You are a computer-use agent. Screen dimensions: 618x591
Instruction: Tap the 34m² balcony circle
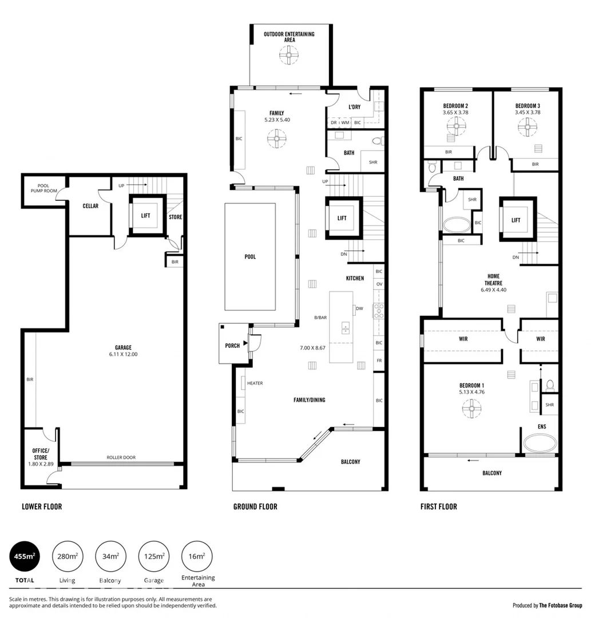point(110,556)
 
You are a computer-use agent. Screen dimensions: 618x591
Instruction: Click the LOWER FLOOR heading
point(42,506)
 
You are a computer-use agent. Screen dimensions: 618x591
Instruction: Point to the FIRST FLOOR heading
point(439,506)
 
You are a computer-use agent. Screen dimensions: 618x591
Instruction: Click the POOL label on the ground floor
point(250,257)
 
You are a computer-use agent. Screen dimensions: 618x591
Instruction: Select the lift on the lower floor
point(145,216)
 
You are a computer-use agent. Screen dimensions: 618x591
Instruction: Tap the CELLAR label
point(90,206)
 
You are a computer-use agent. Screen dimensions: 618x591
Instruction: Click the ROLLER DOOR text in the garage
point(121,457)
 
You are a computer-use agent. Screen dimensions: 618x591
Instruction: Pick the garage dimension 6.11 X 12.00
point(123,354)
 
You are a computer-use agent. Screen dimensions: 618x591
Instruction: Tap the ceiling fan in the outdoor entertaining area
point(289,56)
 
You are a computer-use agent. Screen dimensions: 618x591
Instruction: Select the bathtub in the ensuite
point(541,444)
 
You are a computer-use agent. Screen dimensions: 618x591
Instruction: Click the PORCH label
point(232,346)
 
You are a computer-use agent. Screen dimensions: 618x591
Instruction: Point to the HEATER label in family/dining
point(255,383)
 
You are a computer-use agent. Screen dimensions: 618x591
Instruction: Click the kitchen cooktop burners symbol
point(379,311)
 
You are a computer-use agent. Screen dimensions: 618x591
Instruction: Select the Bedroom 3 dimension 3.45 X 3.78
point(527,113)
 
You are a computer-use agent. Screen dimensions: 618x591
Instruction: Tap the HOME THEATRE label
point(494,280)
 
